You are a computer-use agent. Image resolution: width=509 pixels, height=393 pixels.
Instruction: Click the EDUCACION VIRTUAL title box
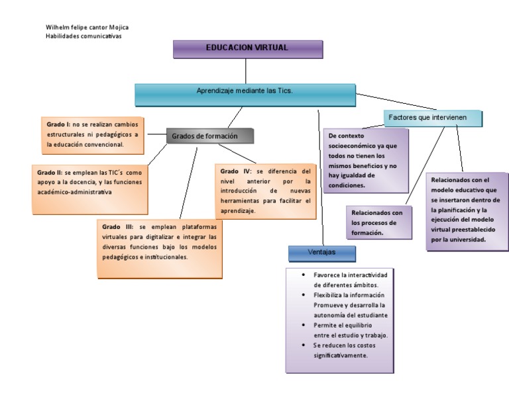click(247, 49)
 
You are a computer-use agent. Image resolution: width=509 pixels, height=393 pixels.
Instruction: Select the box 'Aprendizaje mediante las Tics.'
click(245, 93)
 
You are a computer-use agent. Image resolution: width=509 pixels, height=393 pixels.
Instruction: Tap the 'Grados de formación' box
click(209, 136)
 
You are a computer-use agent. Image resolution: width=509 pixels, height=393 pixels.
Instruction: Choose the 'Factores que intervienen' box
click(433, 118)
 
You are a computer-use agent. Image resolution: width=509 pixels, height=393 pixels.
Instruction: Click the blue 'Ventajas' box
click(322, 253)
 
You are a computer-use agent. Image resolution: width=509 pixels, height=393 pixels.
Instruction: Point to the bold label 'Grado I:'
click(58, 124)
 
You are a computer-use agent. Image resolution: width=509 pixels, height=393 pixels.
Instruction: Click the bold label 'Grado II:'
click(50, 172)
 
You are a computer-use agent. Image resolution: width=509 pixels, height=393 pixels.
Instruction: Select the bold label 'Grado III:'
click(117, 227)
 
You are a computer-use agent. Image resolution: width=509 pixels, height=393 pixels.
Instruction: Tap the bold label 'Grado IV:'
click(235, 171)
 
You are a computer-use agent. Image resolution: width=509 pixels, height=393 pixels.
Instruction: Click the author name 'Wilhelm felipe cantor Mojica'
click(87, 27)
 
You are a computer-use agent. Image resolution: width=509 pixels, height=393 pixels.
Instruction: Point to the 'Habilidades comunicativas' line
click(84, 36)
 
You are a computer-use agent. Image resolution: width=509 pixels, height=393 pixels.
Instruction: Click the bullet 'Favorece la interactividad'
click(351, 274)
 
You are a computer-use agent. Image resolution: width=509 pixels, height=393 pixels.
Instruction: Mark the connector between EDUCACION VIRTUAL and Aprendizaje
click(246, 71)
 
